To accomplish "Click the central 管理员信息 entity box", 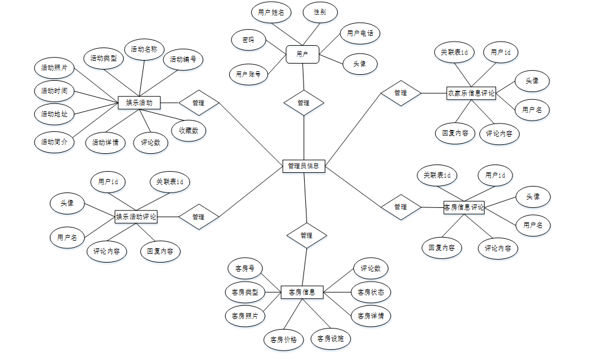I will coord(303,166).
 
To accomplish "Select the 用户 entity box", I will coord(302,54).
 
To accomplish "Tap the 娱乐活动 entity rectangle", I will coord(139,103).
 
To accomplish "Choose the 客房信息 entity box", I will coord(302,292).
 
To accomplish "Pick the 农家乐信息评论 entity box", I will coord(471,93).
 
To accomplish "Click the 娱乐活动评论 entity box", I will coord(136,217).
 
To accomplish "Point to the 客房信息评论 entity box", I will coord(464,207).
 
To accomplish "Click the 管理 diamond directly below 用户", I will coord(303,103).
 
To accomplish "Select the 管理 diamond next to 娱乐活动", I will coord(198,103).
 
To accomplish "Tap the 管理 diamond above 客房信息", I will coord(306,235).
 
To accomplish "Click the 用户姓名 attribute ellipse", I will coord(270,12).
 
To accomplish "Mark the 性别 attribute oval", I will coord(320,12).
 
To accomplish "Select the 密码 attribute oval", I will coord(248,40).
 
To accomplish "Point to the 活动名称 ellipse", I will coord(144,50).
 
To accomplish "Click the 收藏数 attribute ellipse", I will coord(189,131).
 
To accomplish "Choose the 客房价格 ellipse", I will coord(283,340).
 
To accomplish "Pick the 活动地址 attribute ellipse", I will coord(54,113).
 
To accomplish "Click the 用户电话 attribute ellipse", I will coord(360,33).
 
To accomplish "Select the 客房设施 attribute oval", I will coord(331,339).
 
